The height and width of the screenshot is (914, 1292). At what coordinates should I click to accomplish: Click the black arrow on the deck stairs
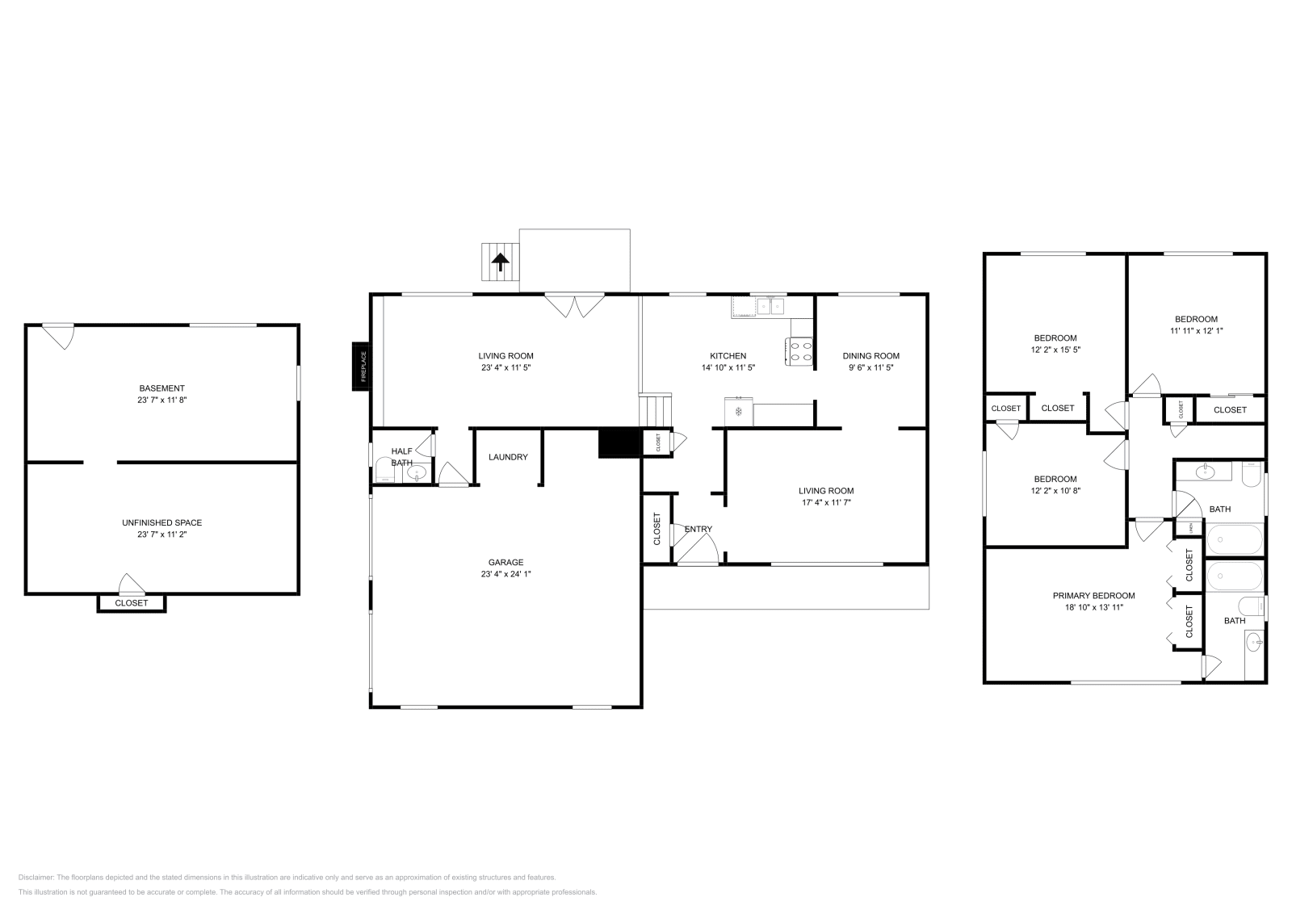(501, 262)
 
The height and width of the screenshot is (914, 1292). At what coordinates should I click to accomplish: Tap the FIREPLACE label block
(362, 367)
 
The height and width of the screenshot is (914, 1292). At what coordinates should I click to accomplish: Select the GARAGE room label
(505, 562)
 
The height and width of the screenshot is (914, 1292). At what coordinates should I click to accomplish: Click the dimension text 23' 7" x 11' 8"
(162, 400)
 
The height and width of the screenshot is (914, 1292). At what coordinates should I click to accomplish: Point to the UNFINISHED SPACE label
(162, 522)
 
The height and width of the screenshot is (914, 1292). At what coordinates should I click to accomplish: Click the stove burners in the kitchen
(799, 351)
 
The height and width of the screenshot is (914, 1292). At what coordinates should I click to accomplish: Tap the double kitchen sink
(770, 306)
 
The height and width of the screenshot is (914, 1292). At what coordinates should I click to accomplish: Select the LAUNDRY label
(508, 457)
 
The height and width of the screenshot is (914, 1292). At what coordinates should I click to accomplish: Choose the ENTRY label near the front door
(698, 530)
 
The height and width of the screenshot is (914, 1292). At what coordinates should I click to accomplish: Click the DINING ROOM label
(870, 355)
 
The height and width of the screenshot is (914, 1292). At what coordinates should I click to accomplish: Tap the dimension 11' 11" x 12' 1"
(1196, 330)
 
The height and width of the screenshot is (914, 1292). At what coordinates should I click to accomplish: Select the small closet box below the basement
(132, 603)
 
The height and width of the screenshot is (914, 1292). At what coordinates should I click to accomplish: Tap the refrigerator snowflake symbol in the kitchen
(738, 412)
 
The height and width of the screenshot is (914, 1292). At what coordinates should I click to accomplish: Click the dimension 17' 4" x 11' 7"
(825, 502)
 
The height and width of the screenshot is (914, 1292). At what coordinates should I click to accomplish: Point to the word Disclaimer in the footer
(36, 877)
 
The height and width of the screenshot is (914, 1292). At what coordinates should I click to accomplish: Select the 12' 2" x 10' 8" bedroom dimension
(1055, 490)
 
